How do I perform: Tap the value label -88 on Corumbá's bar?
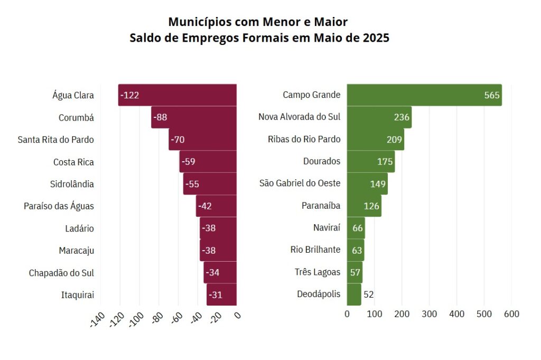point(160,117)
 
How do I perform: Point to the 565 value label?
point(491,95)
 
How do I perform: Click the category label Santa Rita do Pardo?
point(55,140)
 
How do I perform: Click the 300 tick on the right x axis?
point(429,314)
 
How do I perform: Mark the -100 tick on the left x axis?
point(136,319)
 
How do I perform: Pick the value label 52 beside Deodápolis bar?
point(369,294)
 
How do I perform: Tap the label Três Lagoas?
point(318,272)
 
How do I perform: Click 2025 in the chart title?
point(376,38)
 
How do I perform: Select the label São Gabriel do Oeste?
point(300,183)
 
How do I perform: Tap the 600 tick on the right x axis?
point(511,314)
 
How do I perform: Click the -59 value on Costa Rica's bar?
point(188,162)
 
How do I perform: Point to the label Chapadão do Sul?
point(61,273)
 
